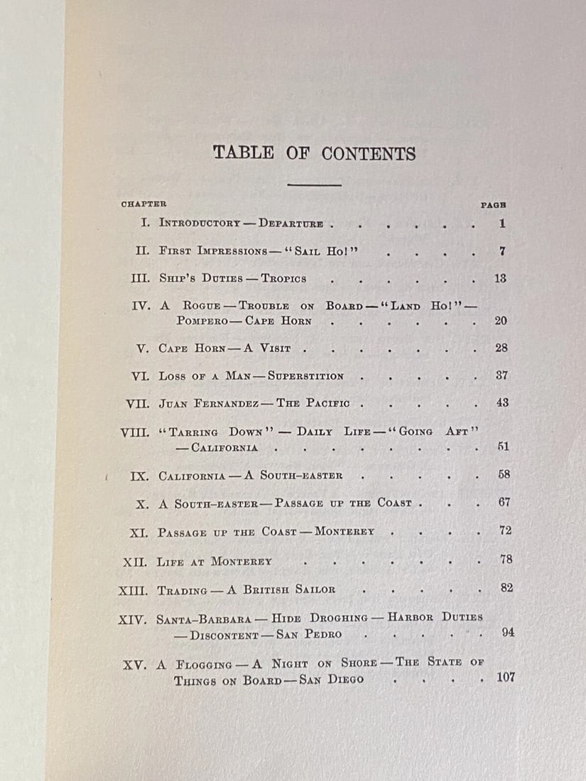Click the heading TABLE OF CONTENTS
314,153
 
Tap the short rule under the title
314,185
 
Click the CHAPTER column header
143,204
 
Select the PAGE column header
493,204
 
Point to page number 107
505,677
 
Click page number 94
507,633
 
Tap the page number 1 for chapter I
501,224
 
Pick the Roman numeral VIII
134,432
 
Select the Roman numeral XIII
134,589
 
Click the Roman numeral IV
140,306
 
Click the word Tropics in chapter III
283,279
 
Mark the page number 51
503,447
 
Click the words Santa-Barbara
197,618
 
